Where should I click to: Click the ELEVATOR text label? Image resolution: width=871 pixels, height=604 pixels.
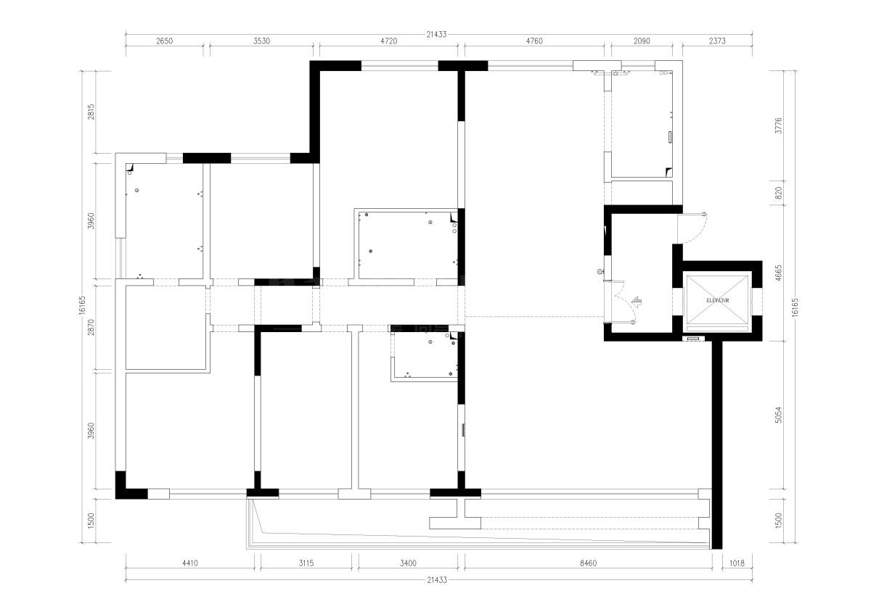[x=716, y=299]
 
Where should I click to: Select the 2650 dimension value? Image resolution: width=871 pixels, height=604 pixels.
[x=165, y=41]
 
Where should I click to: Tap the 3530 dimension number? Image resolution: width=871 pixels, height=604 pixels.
[x=262, y=41]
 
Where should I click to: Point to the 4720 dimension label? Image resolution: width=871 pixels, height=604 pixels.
[x=389, y=41]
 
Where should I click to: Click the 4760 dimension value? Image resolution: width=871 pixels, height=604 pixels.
[x=533, y=41]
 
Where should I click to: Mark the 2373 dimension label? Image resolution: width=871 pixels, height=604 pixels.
[x=716, y=41]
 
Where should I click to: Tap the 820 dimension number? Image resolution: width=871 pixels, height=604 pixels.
[x=778, y=194]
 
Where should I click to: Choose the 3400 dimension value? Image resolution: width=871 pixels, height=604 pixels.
[x=407, y=562]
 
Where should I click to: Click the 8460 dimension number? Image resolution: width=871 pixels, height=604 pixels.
[x=586, y=562]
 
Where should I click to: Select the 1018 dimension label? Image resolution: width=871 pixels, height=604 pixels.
[x=737, y=562]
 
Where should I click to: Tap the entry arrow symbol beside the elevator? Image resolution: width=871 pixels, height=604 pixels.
[x=637, y=302]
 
